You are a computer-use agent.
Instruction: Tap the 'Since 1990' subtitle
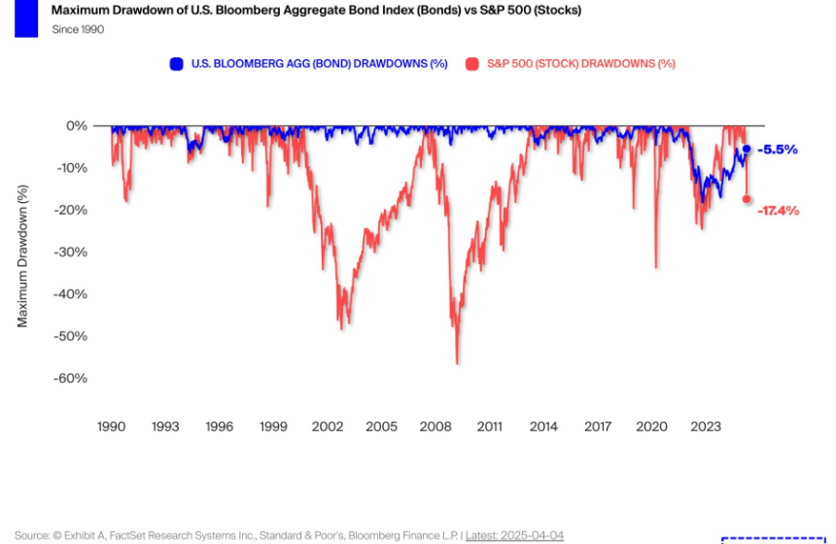pyautogui.click(x=78, y=29)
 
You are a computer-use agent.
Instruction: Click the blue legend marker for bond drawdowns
pyautogui.click(x=176, y=64)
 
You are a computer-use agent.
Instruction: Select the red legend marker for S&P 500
pyautogui.click(x=472, y=64)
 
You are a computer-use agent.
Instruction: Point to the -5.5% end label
pyautogui.click(x=778, y=150)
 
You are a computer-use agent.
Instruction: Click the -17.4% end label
pyautogui.click(x=779, y=210)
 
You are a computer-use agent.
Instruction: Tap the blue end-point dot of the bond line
pyautogui.click(x=747, y=150)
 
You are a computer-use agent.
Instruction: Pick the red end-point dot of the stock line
pyautogui.click(x=747, y=199)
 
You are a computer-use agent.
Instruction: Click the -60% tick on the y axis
pyautogui.click(x=70, y=378)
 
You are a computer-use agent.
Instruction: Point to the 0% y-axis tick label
pyautogui.click(x=77, y=126)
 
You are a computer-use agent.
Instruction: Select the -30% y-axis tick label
pyautogui.click(x=70, y=252)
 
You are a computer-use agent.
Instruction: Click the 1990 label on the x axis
pyautogui.click(x=111, y=426)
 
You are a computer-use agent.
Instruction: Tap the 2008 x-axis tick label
pyautogui.click(x=435, y=426)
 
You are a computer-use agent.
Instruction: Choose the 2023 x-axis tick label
pyautogui.click(x=706, y=426)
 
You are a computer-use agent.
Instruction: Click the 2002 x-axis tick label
pyautogui.click(x=328, y=426)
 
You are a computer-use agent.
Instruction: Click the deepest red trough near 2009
pyautogui.click(x=457, y=362)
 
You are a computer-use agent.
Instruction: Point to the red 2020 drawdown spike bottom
pyautogui.click(x=656, y=267)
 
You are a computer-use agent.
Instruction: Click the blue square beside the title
pyautogui.click(x=26, y=18)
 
